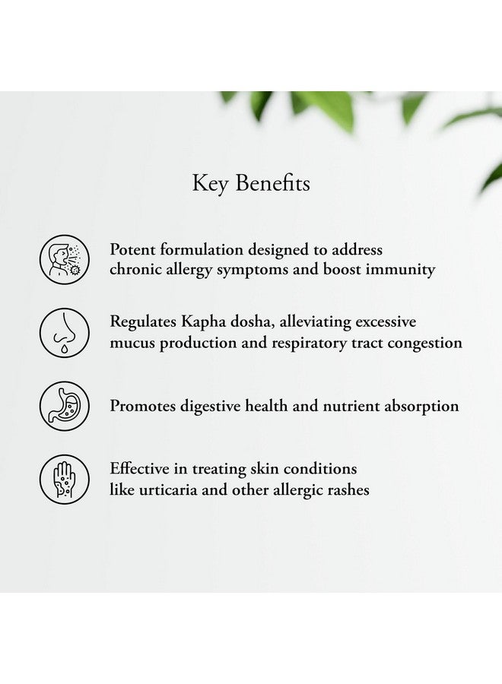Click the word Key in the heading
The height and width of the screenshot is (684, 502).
210,184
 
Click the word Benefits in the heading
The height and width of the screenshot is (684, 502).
273,182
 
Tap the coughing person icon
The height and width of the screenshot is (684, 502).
65,260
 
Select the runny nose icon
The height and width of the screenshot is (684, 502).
65,333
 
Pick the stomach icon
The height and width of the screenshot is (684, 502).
65,406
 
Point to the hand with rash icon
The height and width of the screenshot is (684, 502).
65,480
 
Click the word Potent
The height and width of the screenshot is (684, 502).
132,249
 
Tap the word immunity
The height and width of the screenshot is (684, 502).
400,270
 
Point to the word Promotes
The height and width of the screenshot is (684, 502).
142,406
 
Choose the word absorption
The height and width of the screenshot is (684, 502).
421,407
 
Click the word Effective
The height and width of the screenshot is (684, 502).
139,469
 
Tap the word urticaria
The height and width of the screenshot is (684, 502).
168,490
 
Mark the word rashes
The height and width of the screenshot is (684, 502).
348,490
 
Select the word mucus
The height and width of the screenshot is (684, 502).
132,344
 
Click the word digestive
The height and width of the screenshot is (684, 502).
210,407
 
